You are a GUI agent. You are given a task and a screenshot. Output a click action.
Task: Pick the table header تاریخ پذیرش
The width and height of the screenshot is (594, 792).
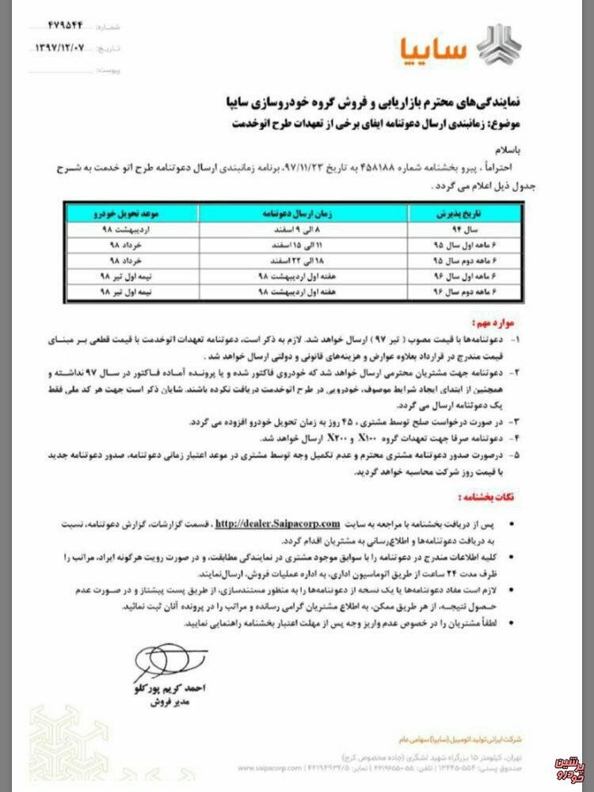click(444, 215)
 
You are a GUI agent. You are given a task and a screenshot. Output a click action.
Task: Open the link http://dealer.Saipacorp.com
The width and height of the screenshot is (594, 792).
click(277, 524)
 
